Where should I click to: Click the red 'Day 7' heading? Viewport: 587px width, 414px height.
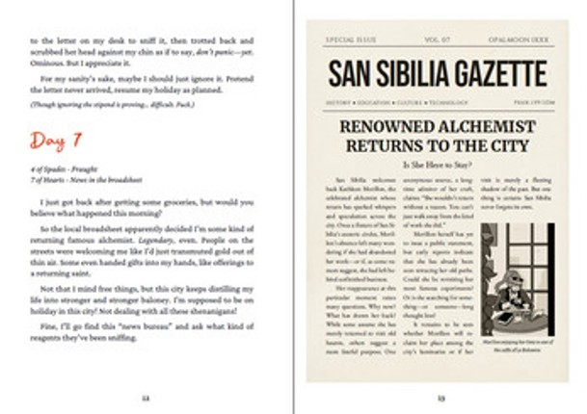58,142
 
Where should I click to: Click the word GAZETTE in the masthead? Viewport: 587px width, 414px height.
496,73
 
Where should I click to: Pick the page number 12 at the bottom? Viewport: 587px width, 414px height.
145,396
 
